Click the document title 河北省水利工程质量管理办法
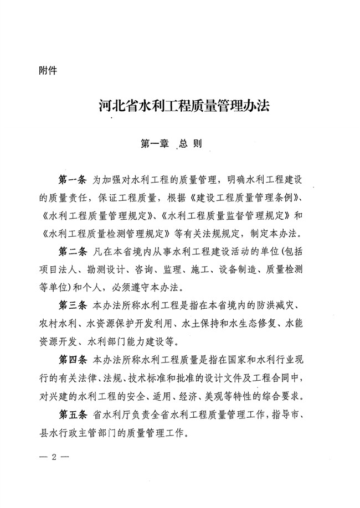pos(180,106)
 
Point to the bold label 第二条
pos(73,252)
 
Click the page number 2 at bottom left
pos(51,457)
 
